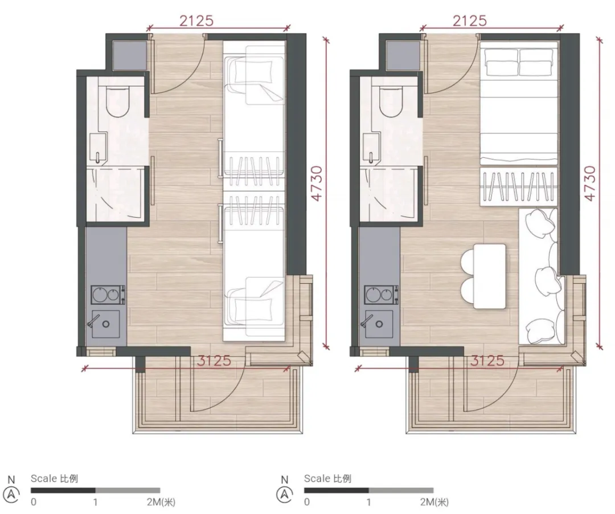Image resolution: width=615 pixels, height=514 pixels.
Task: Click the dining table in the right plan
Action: (x=490, y=276)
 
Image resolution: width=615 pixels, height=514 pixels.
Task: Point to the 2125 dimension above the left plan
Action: (x=196, y=21)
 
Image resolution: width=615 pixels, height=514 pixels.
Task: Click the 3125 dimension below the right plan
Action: (x=487, y=361)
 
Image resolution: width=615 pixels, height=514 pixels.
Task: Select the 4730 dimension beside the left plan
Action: (x=316, y=183)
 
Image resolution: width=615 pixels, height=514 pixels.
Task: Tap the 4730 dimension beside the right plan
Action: (x=589, y=183)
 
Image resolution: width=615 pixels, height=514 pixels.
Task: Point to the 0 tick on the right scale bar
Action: (x=307, y=502)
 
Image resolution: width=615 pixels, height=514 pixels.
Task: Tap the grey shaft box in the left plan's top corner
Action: (x=129, y=56)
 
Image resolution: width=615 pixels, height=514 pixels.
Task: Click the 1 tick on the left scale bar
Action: (x=95, y=502)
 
